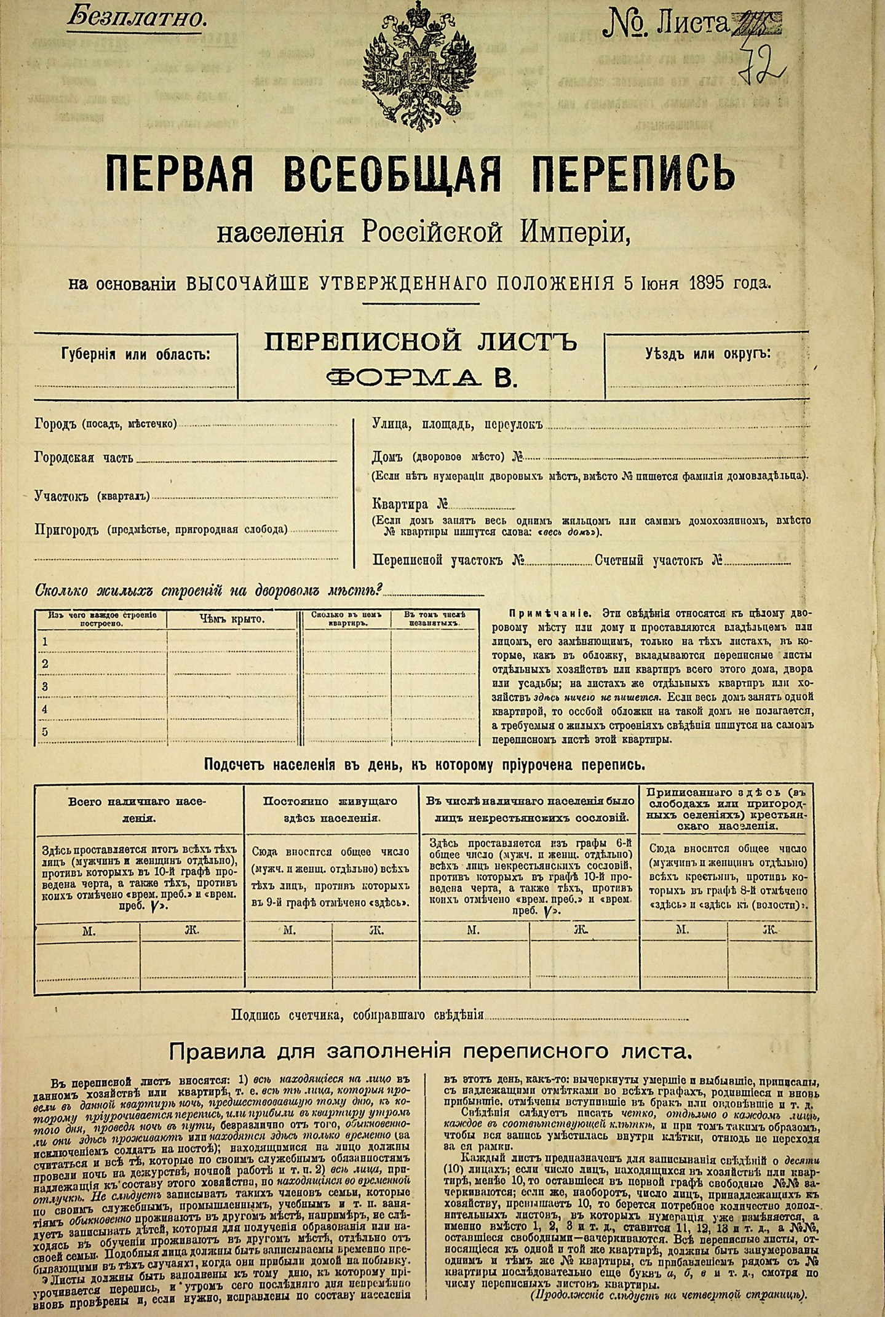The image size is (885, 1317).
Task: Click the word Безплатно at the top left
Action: [135, 18]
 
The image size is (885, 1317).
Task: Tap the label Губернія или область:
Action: [135, 355]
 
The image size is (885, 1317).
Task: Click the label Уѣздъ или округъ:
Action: [708, 354]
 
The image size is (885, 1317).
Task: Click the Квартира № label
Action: [410, 504]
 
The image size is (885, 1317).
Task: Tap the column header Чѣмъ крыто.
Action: [232, 619]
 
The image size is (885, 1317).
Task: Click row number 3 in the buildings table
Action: [45, 686]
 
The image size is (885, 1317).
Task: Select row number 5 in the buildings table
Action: [45, 732]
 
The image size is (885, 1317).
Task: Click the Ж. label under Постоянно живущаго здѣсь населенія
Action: [376, 931]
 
